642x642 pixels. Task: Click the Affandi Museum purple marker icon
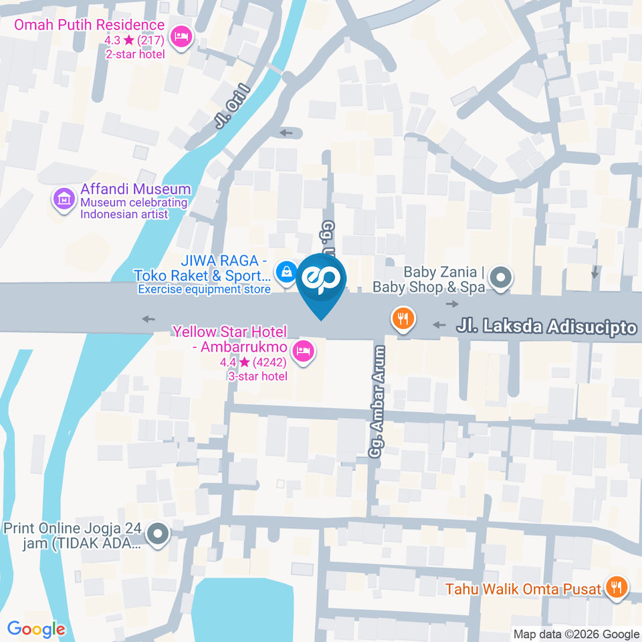click(x=64, y=199)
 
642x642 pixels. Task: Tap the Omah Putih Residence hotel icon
click(x=181, y=37)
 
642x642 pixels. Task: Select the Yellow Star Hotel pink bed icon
click(x=304, y=350)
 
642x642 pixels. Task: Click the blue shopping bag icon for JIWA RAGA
click(x=287, y=272)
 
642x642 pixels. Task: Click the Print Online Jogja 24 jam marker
click(x=158, y=534)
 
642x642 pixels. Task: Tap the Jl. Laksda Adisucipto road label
click(x=546, y=327)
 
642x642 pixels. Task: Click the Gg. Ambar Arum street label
click(x=379, y=401)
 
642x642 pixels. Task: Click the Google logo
click(x=36, y=629)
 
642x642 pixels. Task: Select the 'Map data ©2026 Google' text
click(x=576, y=634)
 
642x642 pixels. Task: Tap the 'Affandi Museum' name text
click(x=136, y=189)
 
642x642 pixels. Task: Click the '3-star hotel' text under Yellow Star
click(x=257, y=377)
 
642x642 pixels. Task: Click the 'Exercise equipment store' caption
click(x=204, y=289)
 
